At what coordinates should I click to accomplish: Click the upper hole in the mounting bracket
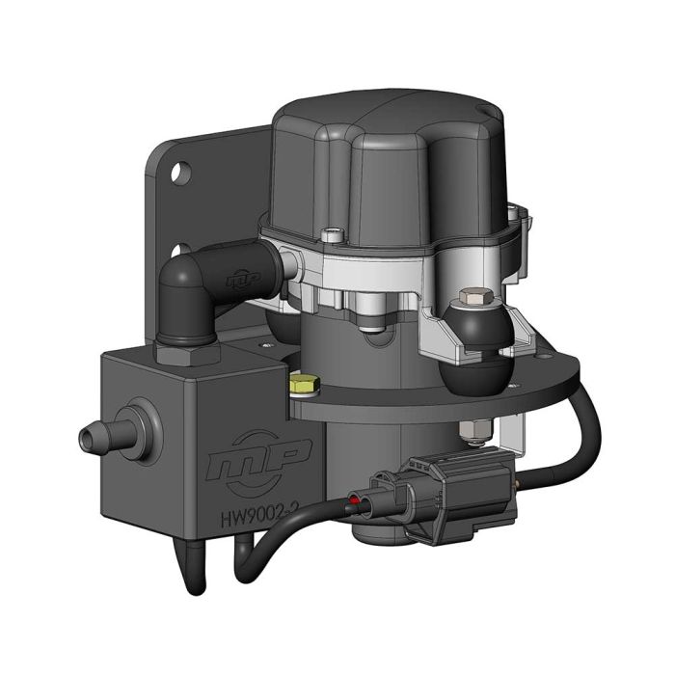[180, 176]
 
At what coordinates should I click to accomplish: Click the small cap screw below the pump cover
[334, 232]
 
